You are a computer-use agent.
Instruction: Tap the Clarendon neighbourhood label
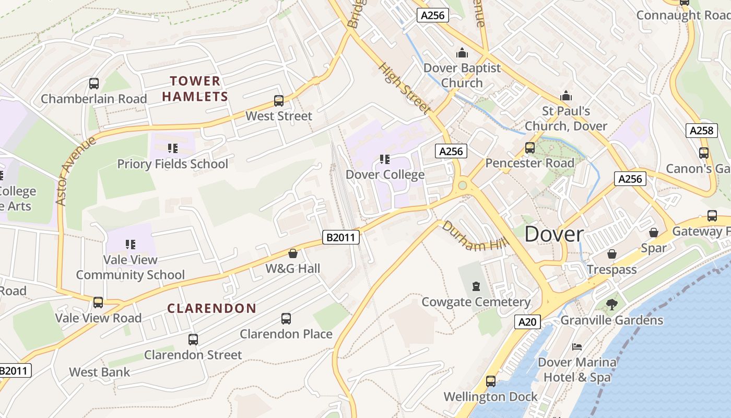tap(211, 308)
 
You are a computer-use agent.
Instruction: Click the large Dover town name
tap(554, 234)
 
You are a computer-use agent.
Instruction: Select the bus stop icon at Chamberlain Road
tap(94, 84)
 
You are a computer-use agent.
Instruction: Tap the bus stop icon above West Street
tap(279, 101)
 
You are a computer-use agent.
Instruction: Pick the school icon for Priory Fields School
tap(173, 148)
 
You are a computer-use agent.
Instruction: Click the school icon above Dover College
tap(385, 159)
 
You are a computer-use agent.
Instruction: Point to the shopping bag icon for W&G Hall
tap(293, 253)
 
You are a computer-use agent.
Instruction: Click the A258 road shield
tap(701, 130)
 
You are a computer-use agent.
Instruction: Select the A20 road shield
tap(527, 322)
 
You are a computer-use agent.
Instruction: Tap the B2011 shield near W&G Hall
tap(341, 237)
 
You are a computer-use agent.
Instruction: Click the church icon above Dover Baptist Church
tap(462, 53)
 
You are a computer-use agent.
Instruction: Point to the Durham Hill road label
tap(468, 236)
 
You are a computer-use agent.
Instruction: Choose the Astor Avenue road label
tap(76, 171)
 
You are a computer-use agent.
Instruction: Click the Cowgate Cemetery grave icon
tap(476, 286)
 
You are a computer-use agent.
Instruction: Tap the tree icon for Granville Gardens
tap(611, 304)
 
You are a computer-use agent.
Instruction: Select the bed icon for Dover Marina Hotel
tap(576, 346)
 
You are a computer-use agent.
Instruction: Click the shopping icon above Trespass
tap(611, 254)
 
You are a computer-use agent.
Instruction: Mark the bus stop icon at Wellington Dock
tap(491, 381)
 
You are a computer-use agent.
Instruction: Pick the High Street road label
tap(405, 89)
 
